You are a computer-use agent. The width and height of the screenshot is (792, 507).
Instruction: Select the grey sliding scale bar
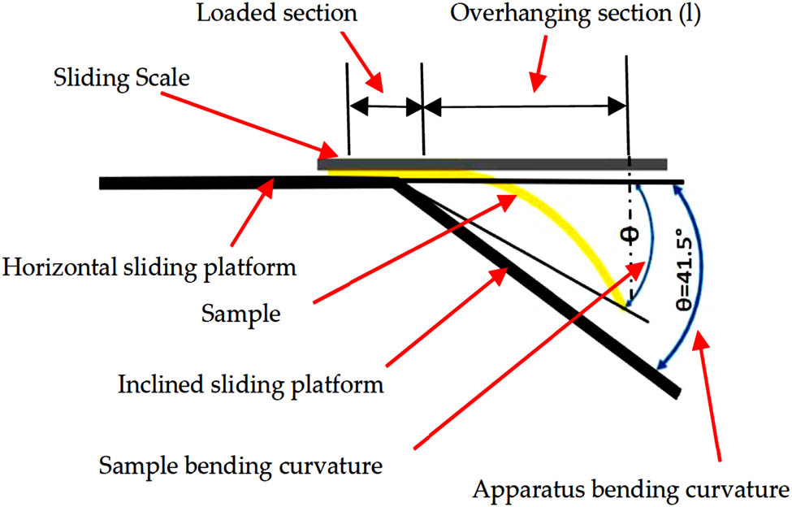click(492, 165)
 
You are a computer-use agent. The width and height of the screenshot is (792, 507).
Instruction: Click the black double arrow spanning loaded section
click(385, 106)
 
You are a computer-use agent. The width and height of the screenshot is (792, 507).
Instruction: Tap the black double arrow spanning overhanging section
click(525, 106)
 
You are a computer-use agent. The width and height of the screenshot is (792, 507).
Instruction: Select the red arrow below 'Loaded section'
click(374, 69)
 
